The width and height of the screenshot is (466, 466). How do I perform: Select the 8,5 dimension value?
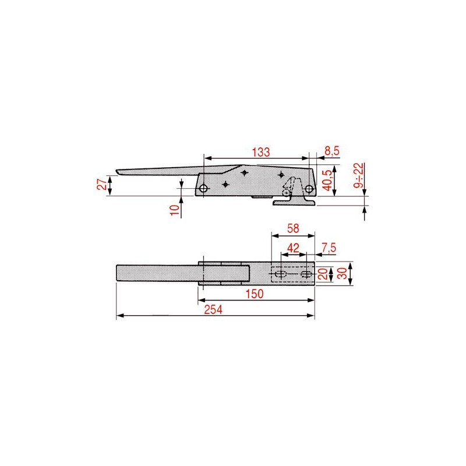point(331,151)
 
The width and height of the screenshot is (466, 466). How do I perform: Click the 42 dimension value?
point(294,248)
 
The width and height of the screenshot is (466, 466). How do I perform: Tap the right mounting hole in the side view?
point(309,188)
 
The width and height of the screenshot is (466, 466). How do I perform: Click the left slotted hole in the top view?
point(281,274)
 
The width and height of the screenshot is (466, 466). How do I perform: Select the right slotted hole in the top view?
point(305,274)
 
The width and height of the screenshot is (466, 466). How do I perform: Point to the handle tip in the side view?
point(119,172)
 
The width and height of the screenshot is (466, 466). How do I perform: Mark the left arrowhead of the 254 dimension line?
point(119,316)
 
